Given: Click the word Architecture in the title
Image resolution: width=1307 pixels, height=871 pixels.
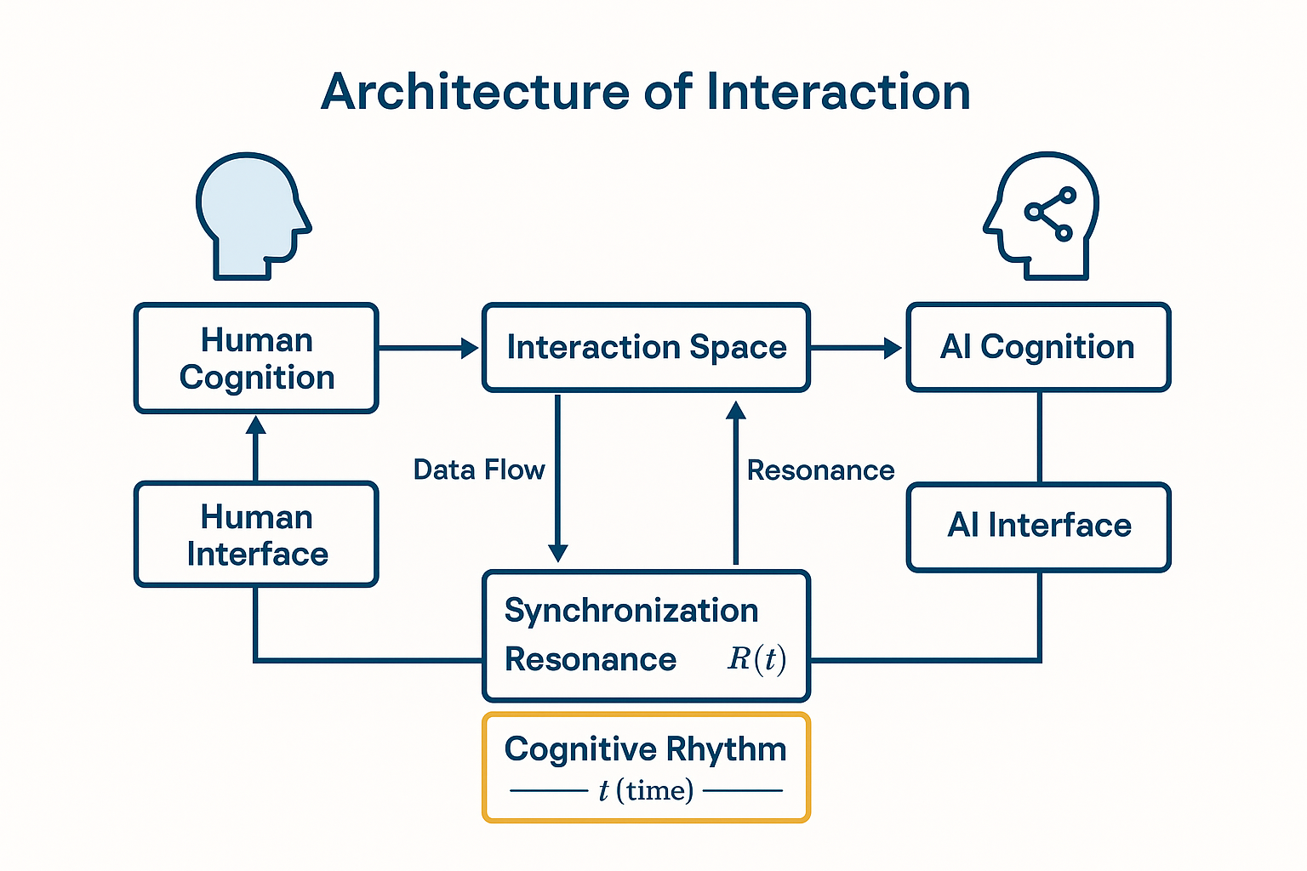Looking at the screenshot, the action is [475, 92].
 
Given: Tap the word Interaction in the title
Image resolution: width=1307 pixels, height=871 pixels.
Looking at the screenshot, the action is [838, 92].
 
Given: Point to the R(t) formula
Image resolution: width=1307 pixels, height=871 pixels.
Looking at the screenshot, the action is [756, 660].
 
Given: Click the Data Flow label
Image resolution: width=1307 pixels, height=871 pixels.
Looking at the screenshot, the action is [479, 470].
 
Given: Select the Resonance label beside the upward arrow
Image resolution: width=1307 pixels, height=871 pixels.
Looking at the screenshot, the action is [820, 470].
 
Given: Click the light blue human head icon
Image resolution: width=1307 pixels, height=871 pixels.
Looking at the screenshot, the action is [253, 216].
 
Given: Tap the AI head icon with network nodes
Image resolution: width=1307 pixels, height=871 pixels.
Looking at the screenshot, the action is [1041, 216].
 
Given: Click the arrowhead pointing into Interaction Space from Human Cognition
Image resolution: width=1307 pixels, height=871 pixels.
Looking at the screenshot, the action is [470, 348].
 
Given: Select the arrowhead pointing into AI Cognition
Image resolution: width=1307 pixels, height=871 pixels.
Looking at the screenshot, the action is [893, 348].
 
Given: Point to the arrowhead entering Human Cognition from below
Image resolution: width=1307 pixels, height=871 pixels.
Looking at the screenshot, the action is [255, 425].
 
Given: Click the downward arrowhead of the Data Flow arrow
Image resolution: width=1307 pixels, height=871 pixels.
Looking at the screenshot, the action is [558, 553].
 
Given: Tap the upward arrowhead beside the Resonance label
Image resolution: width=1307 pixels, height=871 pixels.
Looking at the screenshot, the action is [736, 410].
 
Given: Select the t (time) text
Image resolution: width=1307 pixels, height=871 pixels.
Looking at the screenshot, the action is [646, 791].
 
